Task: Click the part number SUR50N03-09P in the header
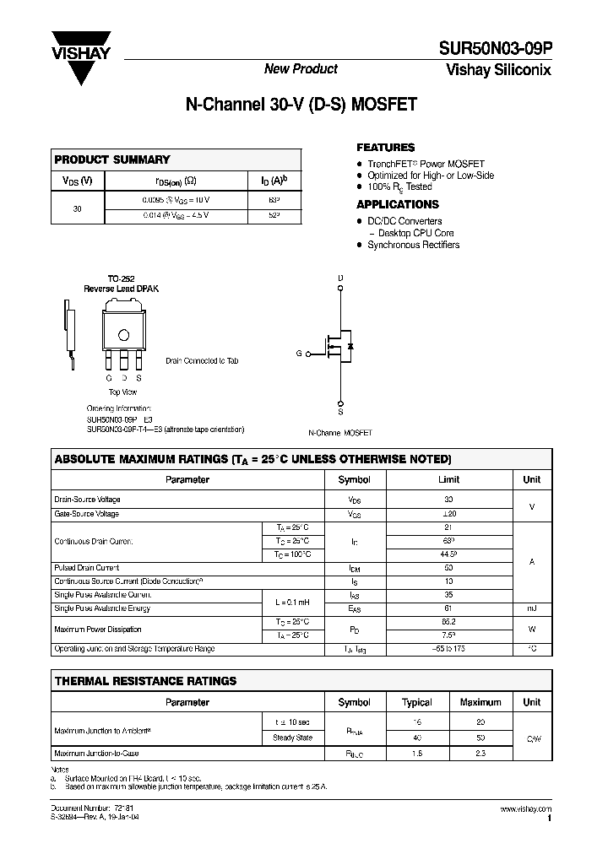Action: coord(495,50)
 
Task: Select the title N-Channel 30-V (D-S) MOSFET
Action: coord(301,106)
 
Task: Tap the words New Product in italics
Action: coord(301,69)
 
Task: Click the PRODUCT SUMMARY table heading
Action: coord(112,159)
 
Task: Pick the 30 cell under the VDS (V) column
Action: coord(78,208)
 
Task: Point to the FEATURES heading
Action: coord(385,147)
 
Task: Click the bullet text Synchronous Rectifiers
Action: coord(413,245)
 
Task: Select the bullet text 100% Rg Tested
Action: coord(399,186)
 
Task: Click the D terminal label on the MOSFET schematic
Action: coord(340,278)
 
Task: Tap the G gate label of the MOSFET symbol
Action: coord(299,354)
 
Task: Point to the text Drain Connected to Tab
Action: coord(202,360)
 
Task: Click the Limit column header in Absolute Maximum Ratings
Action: coord(448,479)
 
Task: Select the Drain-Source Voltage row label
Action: coord(87,500)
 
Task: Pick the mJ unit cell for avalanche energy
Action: coord(531,608)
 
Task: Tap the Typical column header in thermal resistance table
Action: coord(416,702)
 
